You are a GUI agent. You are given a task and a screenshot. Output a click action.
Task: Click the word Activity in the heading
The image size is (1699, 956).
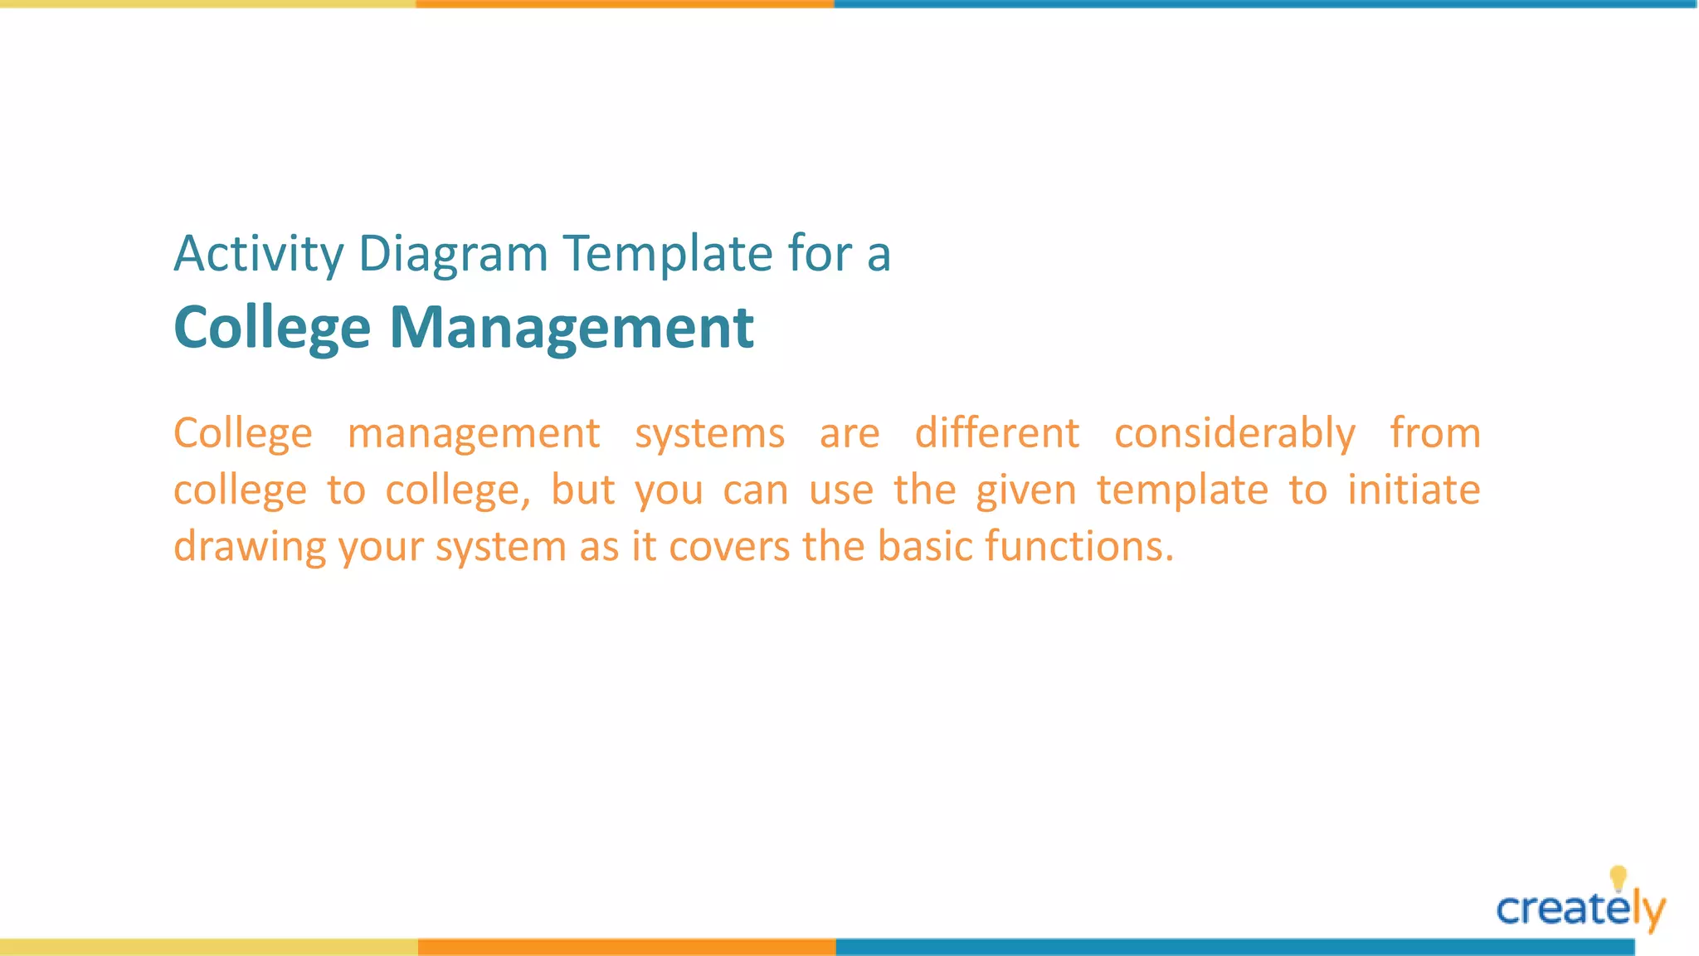point(258,254)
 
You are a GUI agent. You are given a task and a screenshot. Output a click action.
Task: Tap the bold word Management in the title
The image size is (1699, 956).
point(572,328)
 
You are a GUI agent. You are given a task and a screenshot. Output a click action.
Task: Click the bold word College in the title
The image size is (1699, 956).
point(272,328)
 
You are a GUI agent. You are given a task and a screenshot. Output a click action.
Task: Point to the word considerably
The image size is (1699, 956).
point(1234,434)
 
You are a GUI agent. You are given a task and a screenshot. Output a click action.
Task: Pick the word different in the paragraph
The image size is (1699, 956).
point(996,433)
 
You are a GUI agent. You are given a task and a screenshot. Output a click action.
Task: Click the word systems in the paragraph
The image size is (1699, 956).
point(709,434)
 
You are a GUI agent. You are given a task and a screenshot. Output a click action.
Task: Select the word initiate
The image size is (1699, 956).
point(1414,490)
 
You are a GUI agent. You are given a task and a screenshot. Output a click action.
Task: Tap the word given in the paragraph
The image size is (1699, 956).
point(1025,490)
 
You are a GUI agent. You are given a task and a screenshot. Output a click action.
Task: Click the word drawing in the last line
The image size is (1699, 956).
point(250,548)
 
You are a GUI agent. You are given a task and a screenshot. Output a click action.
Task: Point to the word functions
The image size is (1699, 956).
point(1078,547)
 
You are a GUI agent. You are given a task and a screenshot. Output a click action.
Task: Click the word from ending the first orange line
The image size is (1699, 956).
point(1435,433)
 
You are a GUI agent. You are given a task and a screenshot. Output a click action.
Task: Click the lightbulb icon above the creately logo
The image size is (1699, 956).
point(1618,877)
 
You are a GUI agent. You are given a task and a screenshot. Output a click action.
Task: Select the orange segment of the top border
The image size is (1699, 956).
point(625,4)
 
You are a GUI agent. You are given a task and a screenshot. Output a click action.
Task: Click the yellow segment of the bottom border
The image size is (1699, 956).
point(207,947)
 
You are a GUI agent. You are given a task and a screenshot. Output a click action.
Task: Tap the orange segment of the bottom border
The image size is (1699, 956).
point(626,947)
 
